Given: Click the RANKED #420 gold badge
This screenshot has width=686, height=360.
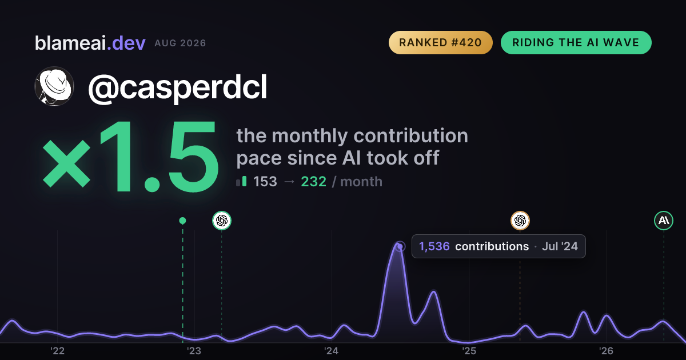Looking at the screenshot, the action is click(440, 42).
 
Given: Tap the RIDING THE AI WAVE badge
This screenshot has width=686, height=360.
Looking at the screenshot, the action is click(576, 42).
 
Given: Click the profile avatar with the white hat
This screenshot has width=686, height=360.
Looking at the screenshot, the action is click(54, 86).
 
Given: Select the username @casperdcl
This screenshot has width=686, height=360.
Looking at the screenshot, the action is click(178, 88).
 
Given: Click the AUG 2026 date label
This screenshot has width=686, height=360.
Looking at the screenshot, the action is click(180, 43).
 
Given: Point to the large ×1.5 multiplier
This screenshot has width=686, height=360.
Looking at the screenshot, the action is click(131, 156).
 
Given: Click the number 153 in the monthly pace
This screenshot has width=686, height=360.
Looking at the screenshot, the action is click(265, 182).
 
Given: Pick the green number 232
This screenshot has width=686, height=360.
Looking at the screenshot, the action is click(314, 182).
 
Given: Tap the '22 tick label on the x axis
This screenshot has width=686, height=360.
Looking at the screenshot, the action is click(57, 351).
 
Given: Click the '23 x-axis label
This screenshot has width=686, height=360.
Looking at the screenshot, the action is click(194, 351).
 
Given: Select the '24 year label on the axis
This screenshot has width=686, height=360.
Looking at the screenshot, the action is click(332, 351).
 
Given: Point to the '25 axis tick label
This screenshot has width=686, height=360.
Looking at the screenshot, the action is click(469, 351).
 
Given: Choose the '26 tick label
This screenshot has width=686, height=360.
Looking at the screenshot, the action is click(606, 351).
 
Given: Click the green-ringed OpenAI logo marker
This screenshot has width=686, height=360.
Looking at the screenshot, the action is click(222, 221).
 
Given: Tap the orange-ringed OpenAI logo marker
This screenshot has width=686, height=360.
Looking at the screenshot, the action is click(520, 221).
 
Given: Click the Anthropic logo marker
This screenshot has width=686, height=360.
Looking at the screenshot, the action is click(664, 221).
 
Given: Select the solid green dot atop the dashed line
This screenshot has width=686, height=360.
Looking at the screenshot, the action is click(182, 221).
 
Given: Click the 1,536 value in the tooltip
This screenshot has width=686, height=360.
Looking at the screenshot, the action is click(434, 246).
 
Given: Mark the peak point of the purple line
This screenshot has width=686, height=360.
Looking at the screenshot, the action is click(400, 246).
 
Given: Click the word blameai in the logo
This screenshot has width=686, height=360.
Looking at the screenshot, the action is click(70, 43).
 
